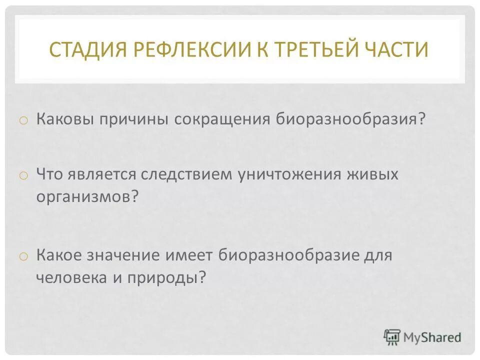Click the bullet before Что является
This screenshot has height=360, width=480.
[23, 175]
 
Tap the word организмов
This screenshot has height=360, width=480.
[82, 195]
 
